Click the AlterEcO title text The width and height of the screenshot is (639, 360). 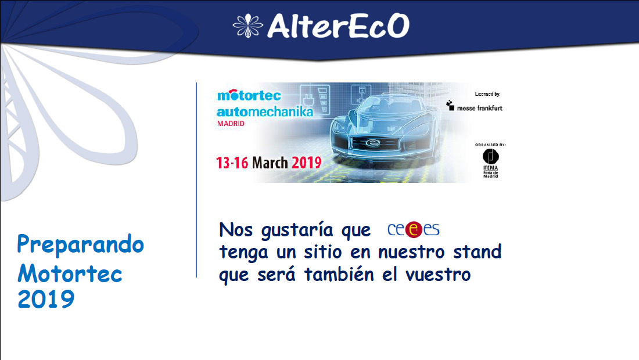coord(338,26)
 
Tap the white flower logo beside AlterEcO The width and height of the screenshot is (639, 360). coord(248,26)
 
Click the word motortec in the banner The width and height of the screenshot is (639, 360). coord(249,95)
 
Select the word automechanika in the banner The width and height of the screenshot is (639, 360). coord(265,111)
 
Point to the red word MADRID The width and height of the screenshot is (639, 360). coord(231,124)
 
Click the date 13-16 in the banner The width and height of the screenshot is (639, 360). coord(232,163)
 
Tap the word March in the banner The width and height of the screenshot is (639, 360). coord(270,163)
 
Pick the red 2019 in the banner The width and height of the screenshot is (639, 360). coord(307,163)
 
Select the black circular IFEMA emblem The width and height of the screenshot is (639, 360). coord(491,156)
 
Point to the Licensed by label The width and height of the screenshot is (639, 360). coord(487,94)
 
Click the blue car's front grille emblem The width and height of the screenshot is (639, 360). coord(372,143)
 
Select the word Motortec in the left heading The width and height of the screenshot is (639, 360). coord(70,273)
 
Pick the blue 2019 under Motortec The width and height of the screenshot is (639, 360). coord(46,299)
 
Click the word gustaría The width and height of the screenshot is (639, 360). coord(297,230)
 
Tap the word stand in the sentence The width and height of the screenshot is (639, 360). coord(477,251)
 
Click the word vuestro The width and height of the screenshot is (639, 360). coord(438,275)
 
